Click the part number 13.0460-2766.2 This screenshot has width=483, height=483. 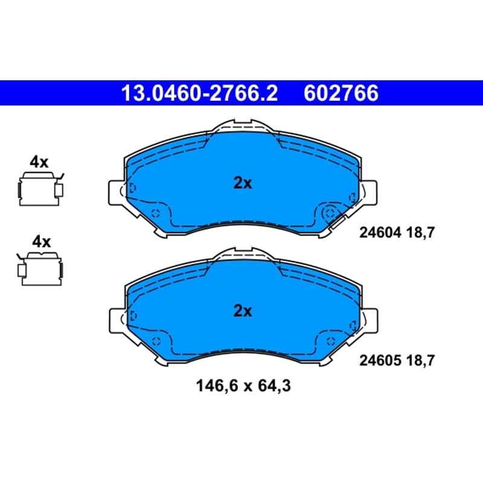coord(200,93)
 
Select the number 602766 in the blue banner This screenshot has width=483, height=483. coord(341,93)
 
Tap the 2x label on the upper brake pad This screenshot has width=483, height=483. coord(243,183)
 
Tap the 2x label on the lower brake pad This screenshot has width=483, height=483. coord(243,311)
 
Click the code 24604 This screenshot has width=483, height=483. coord(380,232)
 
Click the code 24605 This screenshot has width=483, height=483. coord(380,360)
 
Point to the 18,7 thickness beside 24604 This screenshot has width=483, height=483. coord(420,232)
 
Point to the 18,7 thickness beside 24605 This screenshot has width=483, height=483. coord(420,360)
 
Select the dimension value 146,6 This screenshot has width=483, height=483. coord(217,386)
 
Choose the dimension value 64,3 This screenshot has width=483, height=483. coord(274,386)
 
